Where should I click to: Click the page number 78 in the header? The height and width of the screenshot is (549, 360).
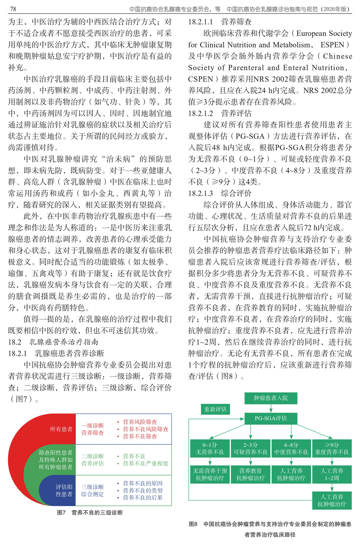click(13, 9)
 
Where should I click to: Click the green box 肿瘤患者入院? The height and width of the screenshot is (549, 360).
click(271, 398)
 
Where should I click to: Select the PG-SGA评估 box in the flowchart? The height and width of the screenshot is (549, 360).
click(271, 418)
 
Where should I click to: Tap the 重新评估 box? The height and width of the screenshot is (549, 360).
click(215, 409)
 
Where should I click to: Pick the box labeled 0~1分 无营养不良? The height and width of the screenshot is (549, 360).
click(210, 449)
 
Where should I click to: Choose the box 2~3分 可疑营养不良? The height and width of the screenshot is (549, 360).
click(250, 449)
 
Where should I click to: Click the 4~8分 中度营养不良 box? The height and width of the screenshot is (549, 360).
click(291, 449)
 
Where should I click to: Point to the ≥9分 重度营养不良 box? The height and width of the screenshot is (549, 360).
click(332, 449)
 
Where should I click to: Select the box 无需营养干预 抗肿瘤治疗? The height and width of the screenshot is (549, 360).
click(210, 474)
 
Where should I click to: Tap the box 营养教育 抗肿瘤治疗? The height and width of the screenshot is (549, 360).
click(250, 474)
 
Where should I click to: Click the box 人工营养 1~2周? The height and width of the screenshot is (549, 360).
click(332, 474)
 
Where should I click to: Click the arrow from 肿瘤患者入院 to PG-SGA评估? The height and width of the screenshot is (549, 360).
click(271, 408)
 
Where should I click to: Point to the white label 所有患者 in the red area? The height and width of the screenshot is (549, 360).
click(61, 429)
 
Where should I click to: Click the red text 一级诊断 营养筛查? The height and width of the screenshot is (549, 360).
click(92, 429)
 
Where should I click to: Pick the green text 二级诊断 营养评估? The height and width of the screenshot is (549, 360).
click(92, 460)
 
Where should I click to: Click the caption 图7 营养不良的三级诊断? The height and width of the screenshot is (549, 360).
click(90, 513)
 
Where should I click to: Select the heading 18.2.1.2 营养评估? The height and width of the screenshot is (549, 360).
click(220, 113)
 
